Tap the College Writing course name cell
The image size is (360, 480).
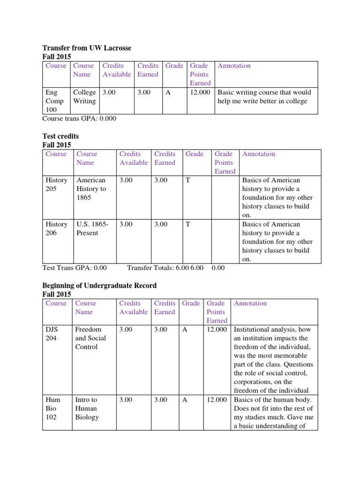(84, 97)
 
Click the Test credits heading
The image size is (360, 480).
(60, 136)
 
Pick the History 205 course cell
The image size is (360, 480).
(56, 184)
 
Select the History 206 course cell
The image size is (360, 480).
(56, 228)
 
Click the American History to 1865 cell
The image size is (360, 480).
(91, 188)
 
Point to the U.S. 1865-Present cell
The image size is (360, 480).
(92, 228)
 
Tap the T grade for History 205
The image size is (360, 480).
(187, 180)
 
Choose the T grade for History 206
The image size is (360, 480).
(187, 224)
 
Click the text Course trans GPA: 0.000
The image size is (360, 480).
(79, 119)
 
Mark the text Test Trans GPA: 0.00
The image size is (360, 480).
(75, 268)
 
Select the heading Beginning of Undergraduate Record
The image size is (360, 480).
(99, 285)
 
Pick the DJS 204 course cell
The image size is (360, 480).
(53, 334)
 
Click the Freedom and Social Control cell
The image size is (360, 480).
(90, 338)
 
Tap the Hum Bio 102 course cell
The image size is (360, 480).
(52, 408)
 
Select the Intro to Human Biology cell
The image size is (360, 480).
(87, 408)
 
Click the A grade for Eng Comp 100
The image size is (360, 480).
(168, 92)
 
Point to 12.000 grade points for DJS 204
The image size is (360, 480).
(217, 330)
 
